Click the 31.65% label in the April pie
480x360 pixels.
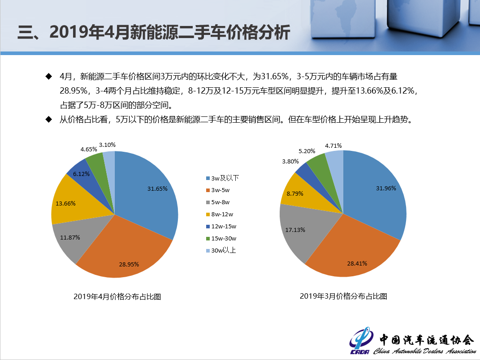coord(157,189)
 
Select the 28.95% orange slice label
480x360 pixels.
coord(129,264)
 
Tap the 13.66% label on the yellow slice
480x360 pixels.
coord(65,203)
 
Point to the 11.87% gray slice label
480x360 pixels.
coord(70,237)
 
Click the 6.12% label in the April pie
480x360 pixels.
coord(81,174)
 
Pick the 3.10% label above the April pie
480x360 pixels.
coord(108,145)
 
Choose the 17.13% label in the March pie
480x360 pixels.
coord(295,230)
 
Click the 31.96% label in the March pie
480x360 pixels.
coord(386,188)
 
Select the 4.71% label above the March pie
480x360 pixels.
coord(333,146)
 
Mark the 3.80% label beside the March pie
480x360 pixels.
coord(290,161)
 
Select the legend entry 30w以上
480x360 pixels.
coord(221,250)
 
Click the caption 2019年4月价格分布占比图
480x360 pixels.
coord(117,296)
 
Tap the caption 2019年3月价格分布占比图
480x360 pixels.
coord(343,296)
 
